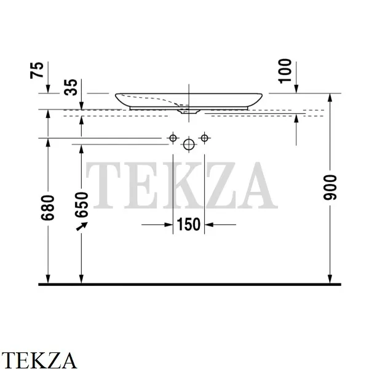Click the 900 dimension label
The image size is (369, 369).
click(330, 188)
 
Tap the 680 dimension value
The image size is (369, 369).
click(48, 208)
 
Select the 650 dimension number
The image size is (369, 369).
click(81, 205)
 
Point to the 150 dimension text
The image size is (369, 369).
click(189, 224)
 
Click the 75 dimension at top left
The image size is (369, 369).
click(37, 70)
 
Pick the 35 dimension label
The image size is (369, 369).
click(71, 87)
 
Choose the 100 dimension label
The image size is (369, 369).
click(285, 71)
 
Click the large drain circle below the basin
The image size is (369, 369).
click(189, 145)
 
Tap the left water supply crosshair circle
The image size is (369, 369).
click(173, 138)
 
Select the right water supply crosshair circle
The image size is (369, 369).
click(205, 138)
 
